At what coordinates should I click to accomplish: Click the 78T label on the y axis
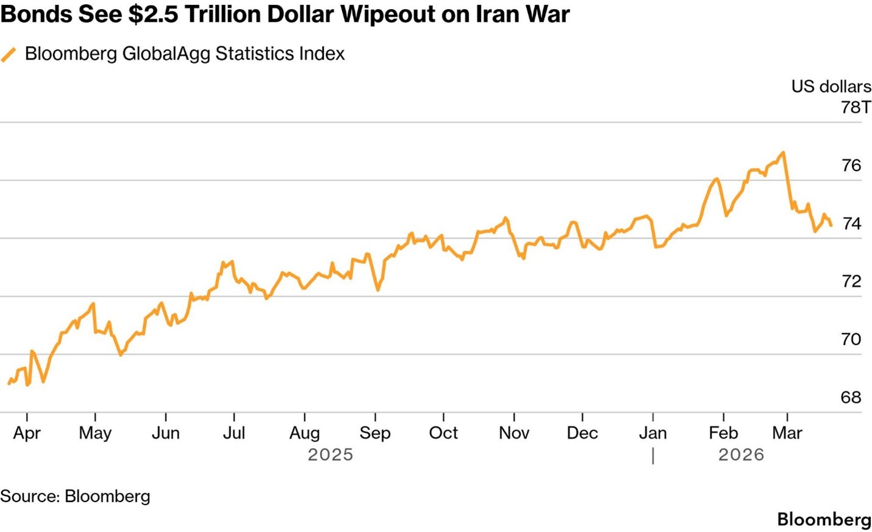856,107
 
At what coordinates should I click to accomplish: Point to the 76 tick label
851,165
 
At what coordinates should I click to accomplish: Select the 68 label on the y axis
851,397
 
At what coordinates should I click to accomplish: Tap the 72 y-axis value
851,281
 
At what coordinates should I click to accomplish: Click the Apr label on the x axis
27,433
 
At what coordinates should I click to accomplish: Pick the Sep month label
375,433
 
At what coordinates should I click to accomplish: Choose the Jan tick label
652,433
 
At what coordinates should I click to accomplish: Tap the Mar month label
787,433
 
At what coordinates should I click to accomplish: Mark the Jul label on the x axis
234,433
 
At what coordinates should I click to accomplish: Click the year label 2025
331,455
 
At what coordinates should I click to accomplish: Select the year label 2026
741,455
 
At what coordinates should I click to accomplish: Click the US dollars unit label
831,87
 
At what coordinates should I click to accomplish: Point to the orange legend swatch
9,54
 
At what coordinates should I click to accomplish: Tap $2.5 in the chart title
154,14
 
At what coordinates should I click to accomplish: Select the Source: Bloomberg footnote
75,496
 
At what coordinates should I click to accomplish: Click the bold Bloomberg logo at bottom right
824,519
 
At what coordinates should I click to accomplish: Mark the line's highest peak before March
783,152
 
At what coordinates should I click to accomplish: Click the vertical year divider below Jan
653,455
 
